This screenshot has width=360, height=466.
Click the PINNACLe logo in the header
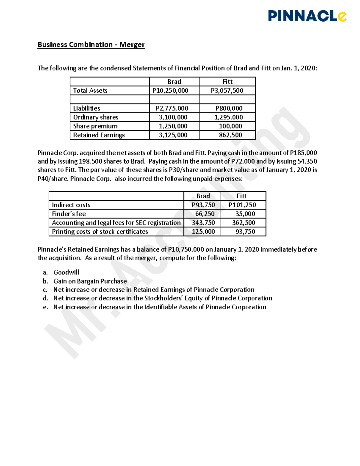(x=307, y=16)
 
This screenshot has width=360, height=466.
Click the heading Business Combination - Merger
(x=91, y=45)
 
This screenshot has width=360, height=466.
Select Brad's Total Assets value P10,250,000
(x=170, y=91)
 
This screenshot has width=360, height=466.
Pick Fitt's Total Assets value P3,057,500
(x=227, y=91)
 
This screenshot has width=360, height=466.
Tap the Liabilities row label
(x=87, y=108)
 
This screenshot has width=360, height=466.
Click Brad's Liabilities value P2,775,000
(x=172, y=108)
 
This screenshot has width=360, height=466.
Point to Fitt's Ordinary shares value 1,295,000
(x=228, y=117)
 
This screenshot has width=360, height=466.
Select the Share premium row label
(x=95, y=126)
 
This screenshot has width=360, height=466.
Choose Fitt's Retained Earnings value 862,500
(x=230, y=135)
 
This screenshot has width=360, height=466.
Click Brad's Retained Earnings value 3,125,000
(x=173, y=135)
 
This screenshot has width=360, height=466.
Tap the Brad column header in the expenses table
(x=203, y=196)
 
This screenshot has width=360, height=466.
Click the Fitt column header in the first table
(x=227, y=82)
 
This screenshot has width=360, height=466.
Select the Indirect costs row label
(x=71, y=205)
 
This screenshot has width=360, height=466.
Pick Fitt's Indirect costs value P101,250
(x=242, y=205)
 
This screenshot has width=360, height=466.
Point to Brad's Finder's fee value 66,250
(x=205, y=214)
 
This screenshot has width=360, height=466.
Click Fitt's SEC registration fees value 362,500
(x=244, y=223)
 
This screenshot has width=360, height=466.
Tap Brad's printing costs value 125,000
(x=203, y=232)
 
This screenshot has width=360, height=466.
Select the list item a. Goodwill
(x=66, y=272)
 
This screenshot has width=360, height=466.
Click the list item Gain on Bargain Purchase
(x=90, y=281)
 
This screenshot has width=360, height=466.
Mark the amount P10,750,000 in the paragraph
(x=186, y=249)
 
